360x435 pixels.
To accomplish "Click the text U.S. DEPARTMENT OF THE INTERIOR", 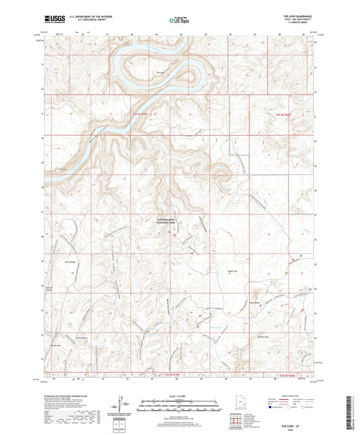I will coord(89,18).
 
